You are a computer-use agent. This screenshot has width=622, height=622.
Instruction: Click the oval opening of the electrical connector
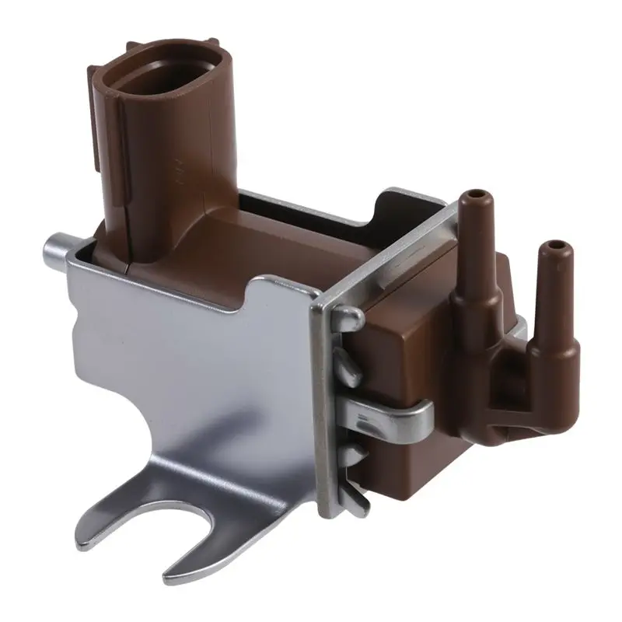160,78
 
